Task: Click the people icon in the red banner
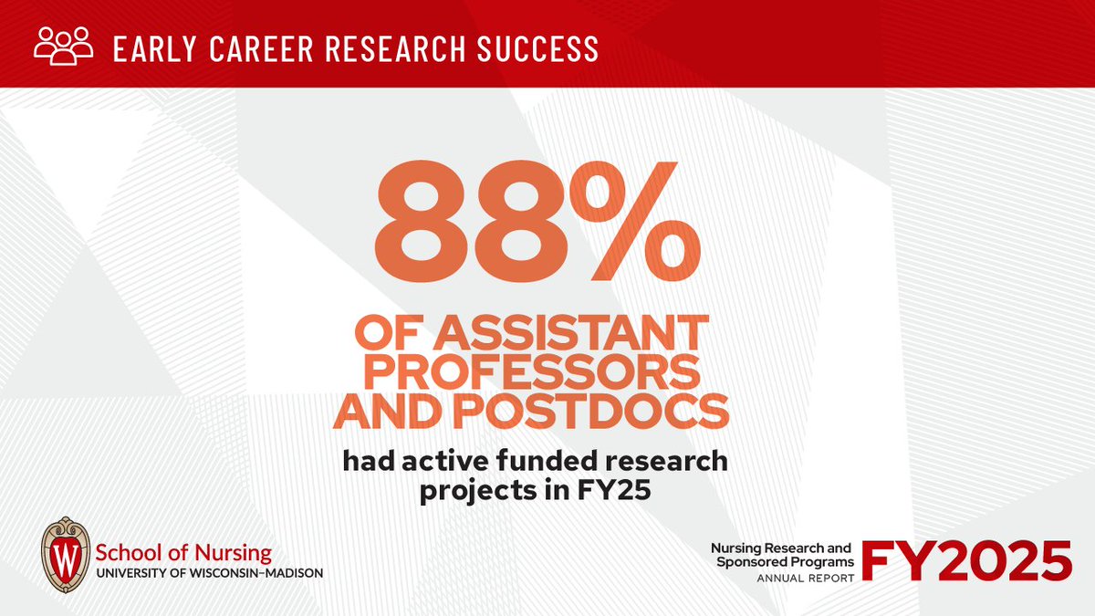coord(63,47)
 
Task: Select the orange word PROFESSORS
coord(532,374)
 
